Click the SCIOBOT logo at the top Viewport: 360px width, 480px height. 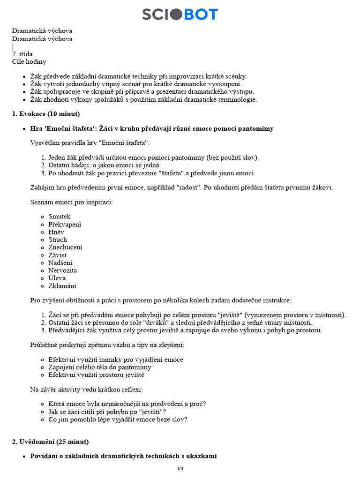tap(180, 15)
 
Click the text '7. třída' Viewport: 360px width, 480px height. tap(22, 54)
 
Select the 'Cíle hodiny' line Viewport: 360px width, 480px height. tap(29, 61)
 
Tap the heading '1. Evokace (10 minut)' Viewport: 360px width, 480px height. tap(46, 114)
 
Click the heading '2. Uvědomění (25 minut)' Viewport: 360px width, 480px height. tap(50, 442)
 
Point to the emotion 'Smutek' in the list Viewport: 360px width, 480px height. tap(60, 217)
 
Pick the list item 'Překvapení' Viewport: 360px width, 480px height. tap(65, 225)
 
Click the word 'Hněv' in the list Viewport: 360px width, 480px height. tap(56, 232)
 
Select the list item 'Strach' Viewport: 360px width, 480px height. tap(58, 240)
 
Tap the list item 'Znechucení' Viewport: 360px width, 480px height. tap(65, 247)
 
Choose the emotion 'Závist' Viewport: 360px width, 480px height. tap(58, 255)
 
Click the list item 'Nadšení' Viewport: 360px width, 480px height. tap(60, 263)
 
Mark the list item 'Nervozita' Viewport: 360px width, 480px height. tap(62, 270)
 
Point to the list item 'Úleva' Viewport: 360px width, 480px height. tap(57, 278)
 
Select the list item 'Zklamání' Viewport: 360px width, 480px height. tap(62, 286)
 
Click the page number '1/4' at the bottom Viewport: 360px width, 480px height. tap(180, 469)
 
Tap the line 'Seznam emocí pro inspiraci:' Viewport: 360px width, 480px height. tap(71, 202)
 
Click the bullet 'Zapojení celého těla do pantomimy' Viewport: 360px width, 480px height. tap(100, 367)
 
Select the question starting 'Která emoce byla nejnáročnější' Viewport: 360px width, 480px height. tap(127, 404)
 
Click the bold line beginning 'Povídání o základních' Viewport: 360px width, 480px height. tap(123, 456)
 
